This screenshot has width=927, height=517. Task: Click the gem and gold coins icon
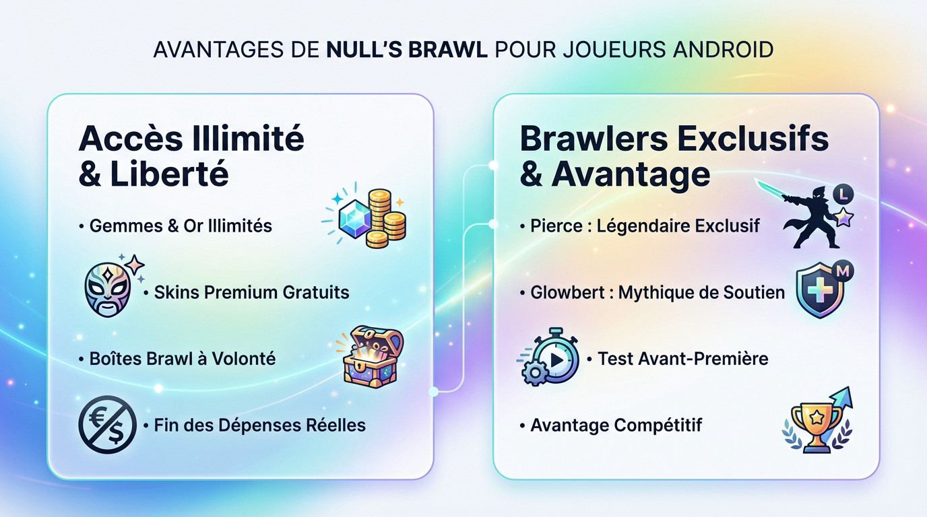tap(366, 218)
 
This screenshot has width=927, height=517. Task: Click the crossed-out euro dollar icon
tap(108, 424)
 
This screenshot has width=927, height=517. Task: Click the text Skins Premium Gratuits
tap(251, 292)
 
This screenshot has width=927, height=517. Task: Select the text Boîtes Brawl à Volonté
tap(182, 359)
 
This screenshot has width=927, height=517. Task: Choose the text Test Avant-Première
tap(682, 359)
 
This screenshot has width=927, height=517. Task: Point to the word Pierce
tap(557, 226)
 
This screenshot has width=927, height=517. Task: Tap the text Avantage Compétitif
tap(616, 425)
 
